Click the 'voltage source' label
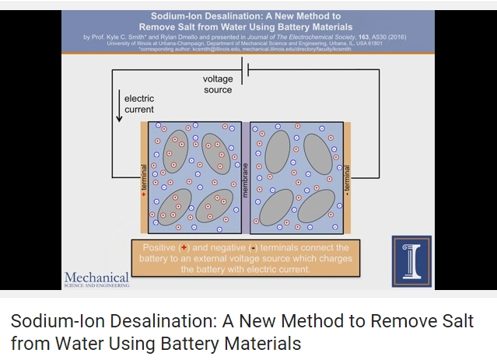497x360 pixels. coord(218,84)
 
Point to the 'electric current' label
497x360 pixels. coord(139,104)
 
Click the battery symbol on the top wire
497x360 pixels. coord(248,70)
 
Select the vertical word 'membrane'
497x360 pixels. coord(244,178)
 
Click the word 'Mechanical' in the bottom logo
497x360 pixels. coord(96,277)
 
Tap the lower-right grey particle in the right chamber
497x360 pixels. coord(315,207)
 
